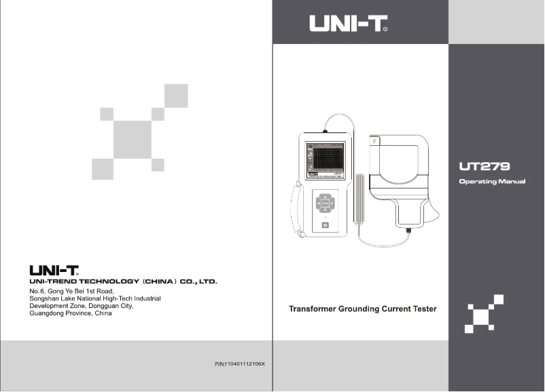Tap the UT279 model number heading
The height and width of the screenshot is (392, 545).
pyautogui.click(x=485, y=165)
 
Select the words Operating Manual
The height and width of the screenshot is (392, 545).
pyautogui.click(x=492, y=182)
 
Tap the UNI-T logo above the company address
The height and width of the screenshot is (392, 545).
pyautogui.click(x=53, y=271)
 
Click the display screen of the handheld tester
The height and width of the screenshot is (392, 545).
pyautogui.click(x=324, y=159)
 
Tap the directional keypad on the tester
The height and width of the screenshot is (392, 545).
pyautogui.click(x=325, y=202)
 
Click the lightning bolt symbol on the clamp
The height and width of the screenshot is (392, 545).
pyautogui.click(x=374, y=141)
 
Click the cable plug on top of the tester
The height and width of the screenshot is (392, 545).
pyautogui.click(x=326, y=126)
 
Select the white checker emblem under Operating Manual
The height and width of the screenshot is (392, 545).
pyautogui.click(x=484, y=314)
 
